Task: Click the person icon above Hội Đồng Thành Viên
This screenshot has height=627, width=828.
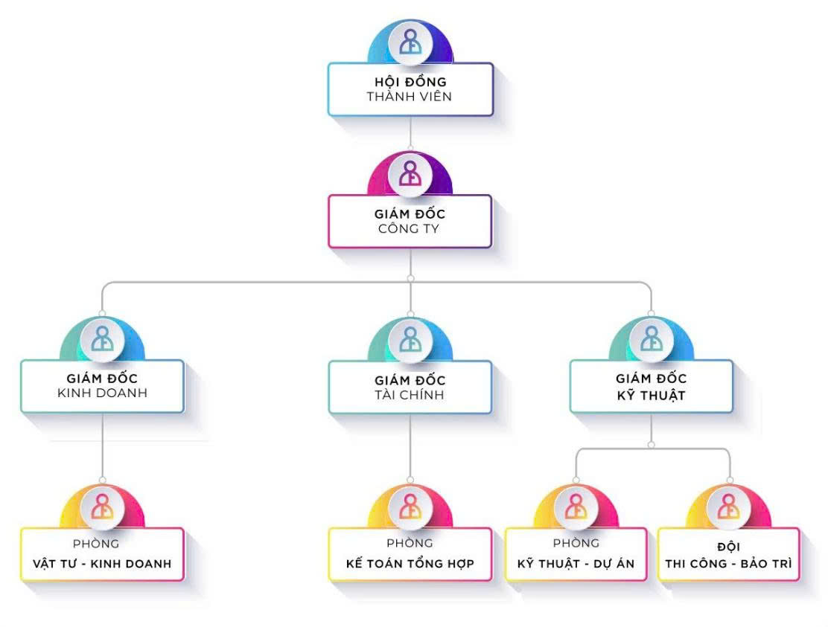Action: pos(410,42)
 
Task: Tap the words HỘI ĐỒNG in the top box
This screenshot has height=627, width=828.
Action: pos(410,81)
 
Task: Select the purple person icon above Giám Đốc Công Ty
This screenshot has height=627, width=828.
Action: pos(410,173)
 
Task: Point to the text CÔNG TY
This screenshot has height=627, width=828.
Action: pos(410,229)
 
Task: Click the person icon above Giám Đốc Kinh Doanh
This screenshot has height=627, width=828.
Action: pos(102,338)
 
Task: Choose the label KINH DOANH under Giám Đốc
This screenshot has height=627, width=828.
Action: pos(102,393)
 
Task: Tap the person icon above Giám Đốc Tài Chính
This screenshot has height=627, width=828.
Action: pos(410,338)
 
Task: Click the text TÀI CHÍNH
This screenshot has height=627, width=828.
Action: pos(410,395)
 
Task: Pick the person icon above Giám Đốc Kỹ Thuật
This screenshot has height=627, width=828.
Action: pos(652,338)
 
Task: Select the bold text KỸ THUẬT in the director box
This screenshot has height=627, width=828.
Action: pos(652,395)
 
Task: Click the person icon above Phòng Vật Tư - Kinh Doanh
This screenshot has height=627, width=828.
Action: pos(102,506)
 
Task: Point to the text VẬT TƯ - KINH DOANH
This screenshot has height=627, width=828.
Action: pos(102,563)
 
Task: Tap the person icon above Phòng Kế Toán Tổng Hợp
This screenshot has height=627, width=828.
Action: pos(410,506)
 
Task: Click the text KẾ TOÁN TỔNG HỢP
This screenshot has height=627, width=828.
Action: pos(410,563)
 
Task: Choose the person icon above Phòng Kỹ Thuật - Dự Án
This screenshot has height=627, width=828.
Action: pos(576,506)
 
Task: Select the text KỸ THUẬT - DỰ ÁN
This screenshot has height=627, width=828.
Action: pos(576,563)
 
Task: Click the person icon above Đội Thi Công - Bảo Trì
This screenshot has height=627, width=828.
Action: pos(727,506)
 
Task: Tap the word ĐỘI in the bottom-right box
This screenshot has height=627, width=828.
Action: pos(729,547)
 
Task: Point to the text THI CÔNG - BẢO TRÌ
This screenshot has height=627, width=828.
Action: pos(729,563)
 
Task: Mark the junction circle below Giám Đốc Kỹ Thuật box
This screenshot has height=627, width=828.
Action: pos(652,445)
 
